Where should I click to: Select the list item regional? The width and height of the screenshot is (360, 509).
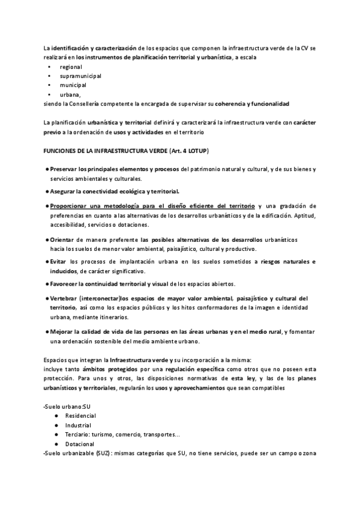71,67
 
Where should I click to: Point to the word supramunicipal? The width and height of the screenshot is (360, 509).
80,76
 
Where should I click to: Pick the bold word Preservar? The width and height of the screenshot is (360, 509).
64,170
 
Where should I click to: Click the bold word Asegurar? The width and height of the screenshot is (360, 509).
63,191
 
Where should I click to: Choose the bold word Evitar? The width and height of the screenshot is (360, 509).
59,262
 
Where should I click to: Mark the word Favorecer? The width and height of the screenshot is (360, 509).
65,284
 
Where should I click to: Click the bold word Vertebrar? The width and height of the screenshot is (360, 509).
64,299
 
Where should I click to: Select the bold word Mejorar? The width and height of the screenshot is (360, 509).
62,332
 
